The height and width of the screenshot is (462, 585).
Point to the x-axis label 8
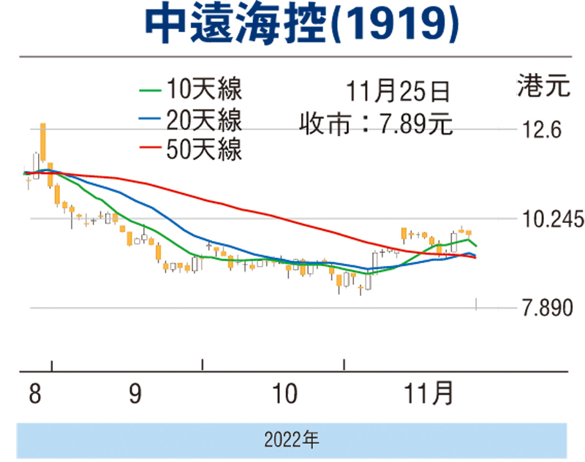pyautogui.click(x=34, y=395)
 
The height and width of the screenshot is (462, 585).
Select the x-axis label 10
pyautogui.click(x=283, y=395)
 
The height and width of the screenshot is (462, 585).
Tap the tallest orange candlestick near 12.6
pyautogui.click(x=43, y=143)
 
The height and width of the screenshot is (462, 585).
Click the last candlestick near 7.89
pyautogui.click(x=477, y=303)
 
